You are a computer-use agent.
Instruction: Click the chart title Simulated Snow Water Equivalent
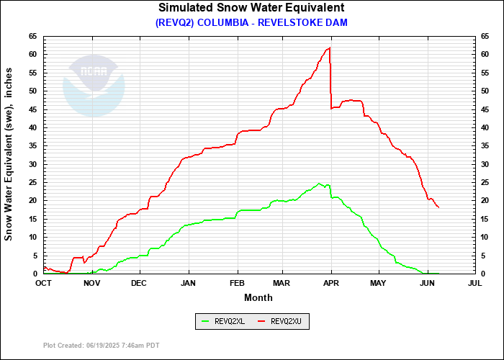pos(251,8)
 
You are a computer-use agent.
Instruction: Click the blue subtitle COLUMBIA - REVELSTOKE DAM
pos(251,22)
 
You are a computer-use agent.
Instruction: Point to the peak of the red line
pos(329,48)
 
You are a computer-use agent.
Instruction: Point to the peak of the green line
pos(319,184)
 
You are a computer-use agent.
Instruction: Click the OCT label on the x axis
pos(44,283)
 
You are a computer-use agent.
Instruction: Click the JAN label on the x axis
pos(189,283)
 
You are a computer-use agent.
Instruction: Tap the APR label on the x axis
pos(331,283)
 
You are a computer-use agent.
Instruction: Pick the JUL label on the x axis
pos(474,283)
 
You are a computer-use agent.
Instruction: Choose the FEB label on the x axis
pos(238,283)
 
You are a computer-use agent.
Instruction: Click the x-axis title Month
pos(258,297)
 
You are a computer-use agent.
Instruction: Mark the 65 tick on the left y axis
pos(33,36)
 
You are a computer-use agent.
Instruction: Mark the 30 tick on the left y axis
pos(33,164)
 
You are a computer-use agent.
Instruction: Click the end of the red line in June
pos(438,207)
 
